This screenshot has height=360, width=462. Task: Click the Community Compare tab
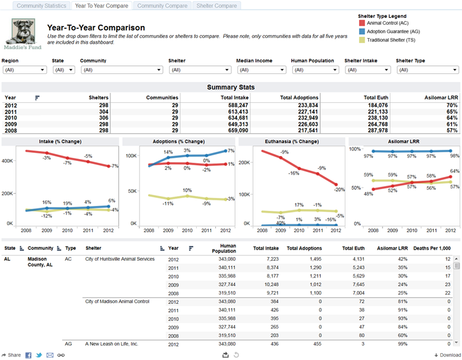pos(162,6)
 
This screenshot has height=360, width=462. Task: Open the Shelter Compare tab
pos(217,6)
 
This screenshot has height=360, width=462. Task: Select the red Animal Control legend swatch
pos(362,23)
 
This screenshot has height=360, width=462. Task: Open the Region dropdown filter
pos(25,70)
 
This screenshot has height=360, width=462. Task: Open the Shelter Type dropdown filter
pos(427,70)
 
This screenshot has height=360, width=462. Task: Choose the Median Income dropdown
pos(262,70)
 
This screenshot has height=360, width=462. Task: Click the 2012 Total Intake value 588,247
pos(238,105)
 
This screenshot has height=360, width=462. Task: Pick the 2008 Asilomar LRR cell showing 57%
pos(452,131)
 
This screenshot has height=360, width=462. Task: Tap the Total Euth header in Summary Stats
pos(376,97)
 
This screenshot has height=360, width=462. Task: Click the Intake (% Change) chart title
pos(60,142)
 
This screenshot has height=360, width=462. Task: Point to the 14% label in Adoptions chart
pos(168,152)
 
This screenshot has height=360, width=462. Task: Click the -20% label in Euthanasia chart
pos(339,190)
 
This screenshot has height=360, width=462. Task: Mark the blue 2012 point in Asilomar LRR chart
pos(450,151)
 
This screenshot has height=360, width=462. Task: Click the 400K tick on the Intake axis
pos(7,161)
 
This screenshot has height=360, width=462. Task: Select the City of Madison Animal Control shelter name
pos(117,301)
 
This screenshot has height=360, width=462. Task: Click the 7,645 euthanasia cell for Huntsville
pos(358,285)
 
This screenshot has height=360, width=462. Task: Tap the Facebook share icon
pos(28,355)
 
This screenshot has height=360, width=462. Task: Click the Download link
pos(448,355)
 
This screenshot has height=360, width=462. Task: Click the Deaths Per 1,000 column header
pos(432,248)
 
